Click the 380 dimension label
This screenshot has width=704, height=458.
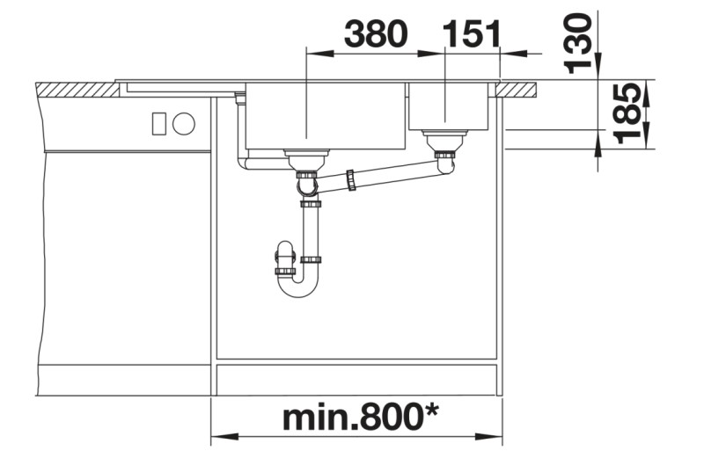click(x=376, y=34)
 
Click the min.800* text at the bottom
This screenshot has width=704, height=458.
click(x=360, y=418)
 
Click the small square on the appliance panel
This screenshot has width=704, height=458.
click(x=159, y=123)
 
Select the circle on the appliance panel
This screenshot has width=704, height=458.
click(x=183, y=123)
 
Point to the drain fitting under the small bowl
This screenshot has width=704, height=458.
click(x=444, y=141)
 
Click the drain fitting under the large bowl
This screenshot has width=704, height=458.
click(x=307, y=159)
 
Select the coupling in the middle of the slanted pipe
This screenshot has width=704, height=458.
click(x=352, y=179)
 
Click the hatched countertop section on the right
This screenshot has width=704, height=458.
click(x=518, y=88)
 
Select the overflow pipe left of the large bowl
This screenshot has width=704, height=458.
click(x=241, y=132)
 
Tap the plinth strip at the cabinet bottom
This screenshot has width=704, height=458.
click(x=356, y=379)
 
